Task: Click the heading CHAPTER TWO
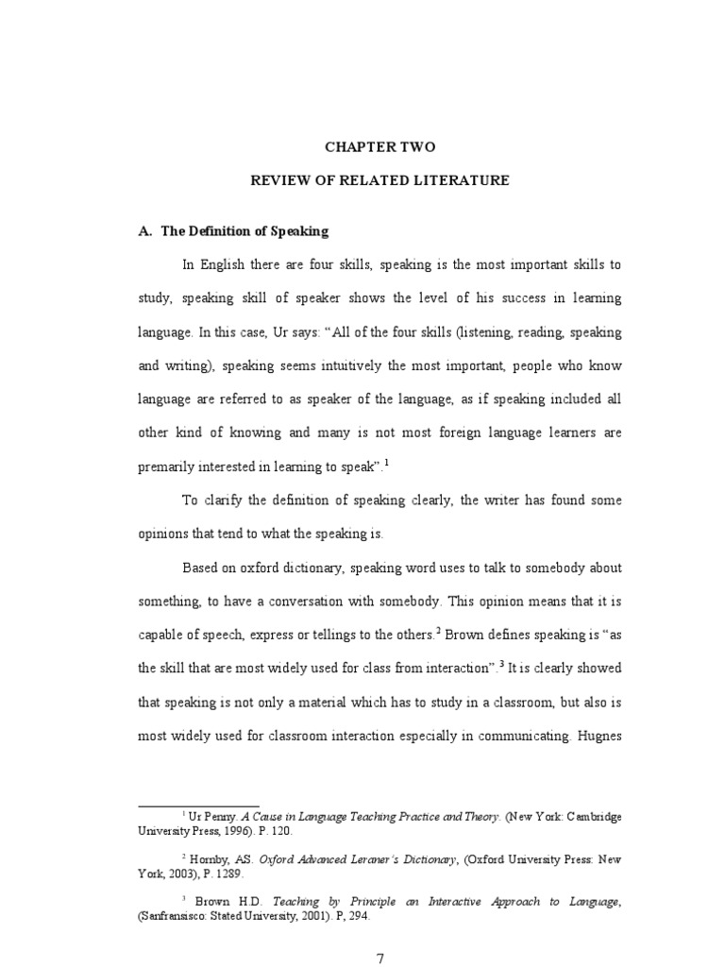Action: (x=381, y=147)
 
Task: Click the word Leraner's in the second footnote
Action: (x=369, y=859)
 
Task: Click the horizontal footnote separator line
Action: (x=198, y=806)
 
